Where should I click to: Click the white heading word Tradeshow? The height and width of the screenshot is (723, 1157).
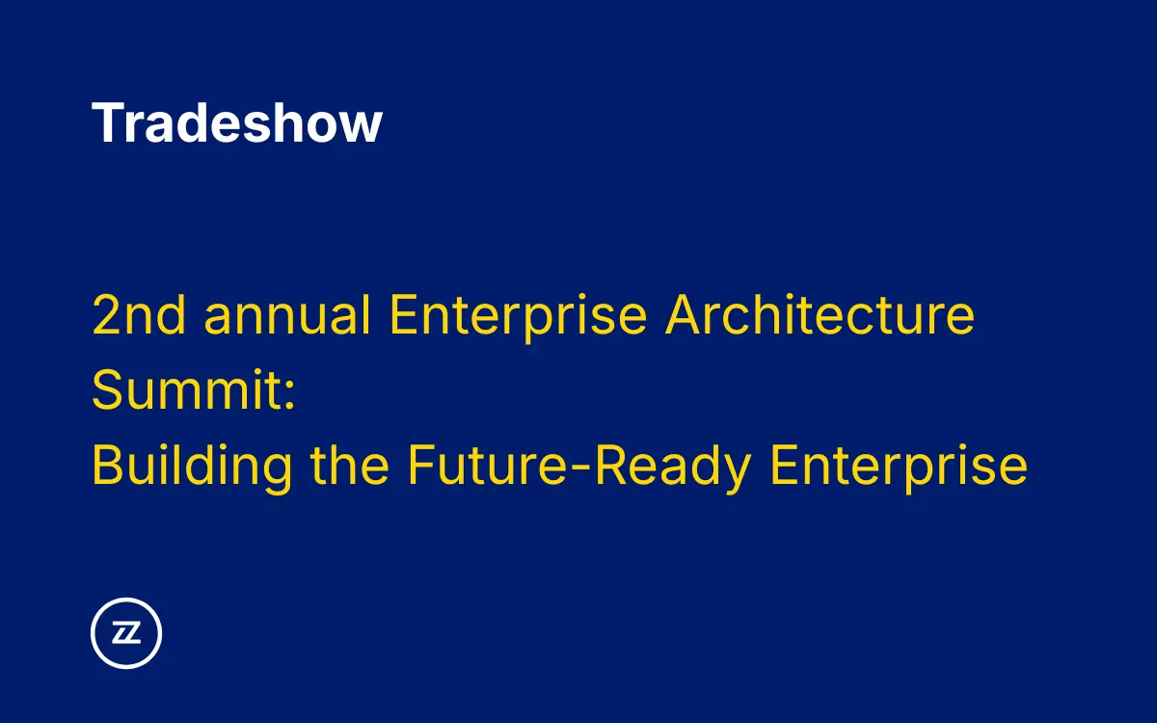click(x=237, y=123)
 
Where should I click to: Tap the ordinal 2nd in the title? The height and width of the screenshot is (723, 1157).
click(x=139, y=315)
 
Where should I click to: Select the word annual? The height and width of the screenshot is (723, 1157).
click(x=288, y=315)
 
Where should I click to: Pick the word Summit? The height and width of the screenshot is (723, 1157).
click(x=185, y=390)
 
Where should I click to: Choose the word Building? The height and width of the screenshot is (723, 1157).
click(x=192, y=467)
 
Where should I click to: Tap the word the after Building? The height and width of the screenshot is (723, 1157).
click(x=350, y=467)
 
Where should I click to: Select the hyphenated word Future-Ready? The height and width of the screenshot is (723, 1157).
click(x=578, y=467)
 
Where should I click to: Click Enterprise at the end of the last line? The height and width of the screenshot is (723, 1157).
click(x=899, y=467)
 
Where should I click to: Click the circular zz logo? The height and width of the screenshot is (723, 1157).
click(x=126, y=633)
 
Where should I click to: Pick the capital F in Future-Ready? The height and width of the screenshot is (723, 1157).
click(x=420, y=467)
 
